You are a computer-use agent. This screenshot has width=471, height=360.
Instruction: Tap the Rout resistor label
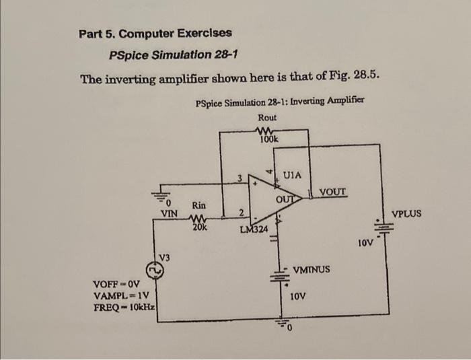coord(267,117)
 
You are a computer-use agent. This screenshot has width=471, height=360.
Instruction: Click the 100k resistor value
coord(268,139)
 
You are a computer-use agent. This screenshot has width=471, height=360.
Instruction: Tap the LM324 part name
coord(254,229)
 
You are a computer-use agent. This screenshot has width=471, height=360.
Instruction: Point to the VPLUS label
coord(406,213)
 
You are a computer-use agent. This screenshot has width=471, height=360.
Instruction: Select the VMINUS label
coord(312,269)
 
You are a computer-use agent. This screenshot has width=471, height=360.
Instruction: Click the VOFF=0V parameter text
coord(120,284)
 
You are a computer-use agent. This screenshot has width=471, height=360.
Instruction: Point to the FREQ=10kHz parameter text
coord(124,308)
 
